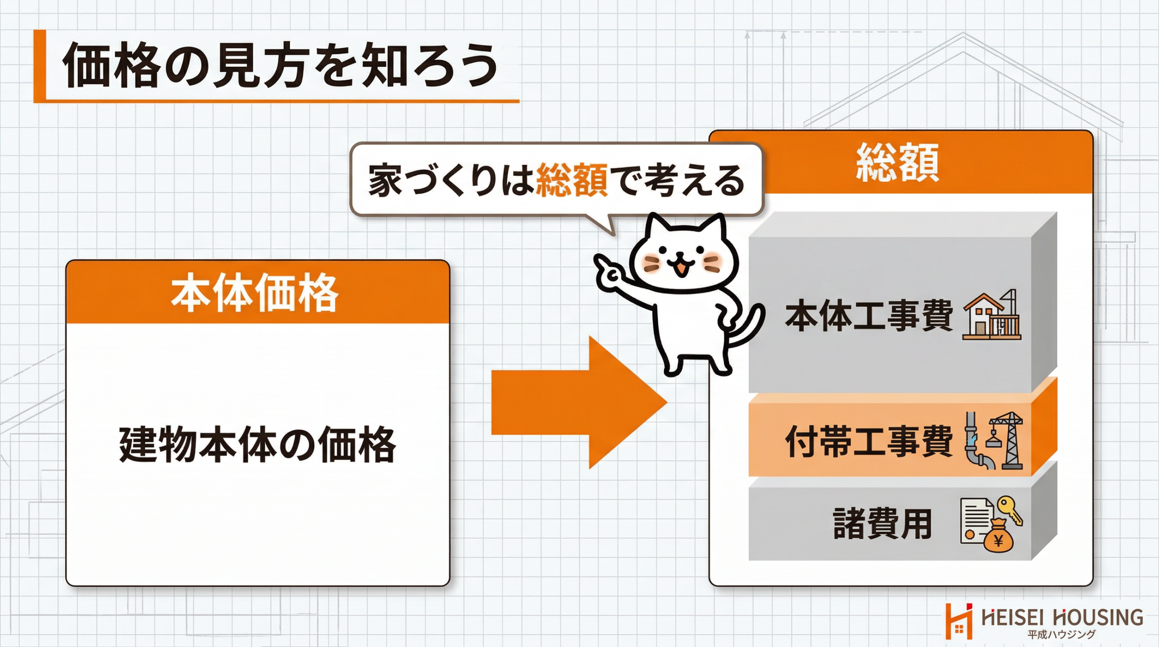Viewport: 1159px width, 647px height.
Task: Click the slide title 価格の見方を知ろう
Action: (x=281, y=66)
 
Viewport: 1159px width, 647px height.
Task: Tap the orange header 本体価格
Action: (x=254, y=293)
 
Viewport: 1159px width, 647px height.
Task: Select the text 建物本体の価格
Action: (x=258, y=445)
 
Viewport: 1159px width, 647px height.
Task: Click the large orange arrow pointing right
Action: (x=579, y=403)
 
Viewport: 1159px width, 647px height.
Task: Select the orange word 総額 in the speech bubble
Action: (x=571, y=181)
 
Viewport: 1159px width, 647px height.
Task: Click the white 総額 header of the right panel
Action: (x=898, y=163)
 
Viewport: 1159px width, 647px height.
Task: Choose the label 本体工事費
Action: (x=869, y=316)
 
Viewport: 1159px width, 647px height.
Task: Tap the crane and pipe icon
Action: (x=993, y=440)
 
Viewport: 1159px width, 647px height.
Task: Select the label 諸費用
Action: (x=882, y=523)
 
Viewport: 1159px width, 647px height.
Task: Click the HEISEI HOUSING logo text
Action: (x=1062, y=617)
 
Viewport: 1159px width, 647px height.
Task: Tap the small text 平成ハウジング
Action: (x=1061, y=634)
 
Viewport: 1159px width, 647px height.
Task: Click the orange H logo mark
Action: (x=959, y=621)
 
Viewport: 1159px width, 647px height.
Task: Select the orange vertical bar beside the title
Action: (x=40, y=66)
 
